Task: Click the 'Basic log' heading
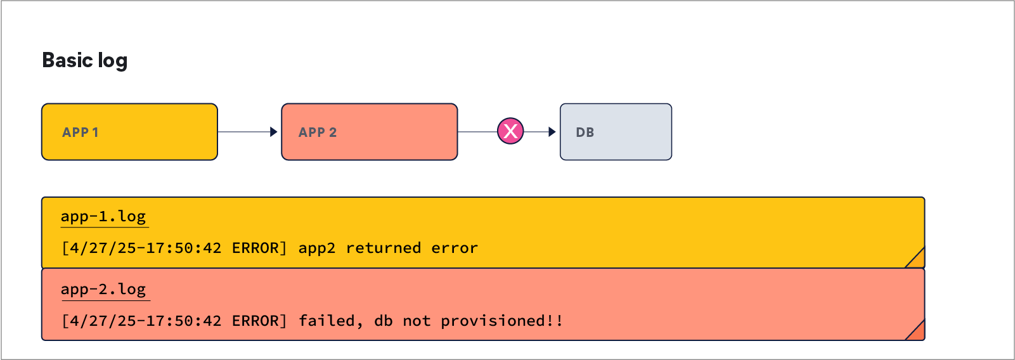tap(85, 61)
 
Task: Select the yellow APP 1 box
tap(129, 132)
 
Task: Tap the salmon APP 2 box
tap(370, 132)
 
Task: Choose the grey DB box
tap(616, 132)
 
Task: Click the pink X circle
tap(510, 131)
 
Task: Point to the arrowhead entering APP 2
tap(274, 132)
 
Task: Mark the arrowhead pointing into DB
tap(552, 132)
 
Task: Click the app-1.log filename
tap(103, 217)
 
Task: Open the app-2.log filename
tap(103, 290)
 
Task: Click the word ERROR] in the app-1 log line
tap(259, 248)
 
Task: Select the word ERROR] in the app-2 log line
tap(259, 321)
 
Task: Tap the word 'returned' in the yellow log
tap(384, 248)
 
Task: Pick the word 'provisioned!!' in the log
tap(501, 321)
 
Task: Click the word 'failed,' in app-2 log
tap(331, 321)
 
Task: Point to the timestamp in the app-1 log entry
tap(141, 248)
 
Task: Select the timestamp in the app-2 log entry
tap(141, 321)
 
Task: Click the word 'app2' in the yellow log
tap(317, 248)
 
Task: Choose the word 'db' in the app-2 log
tap(384, 321)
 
